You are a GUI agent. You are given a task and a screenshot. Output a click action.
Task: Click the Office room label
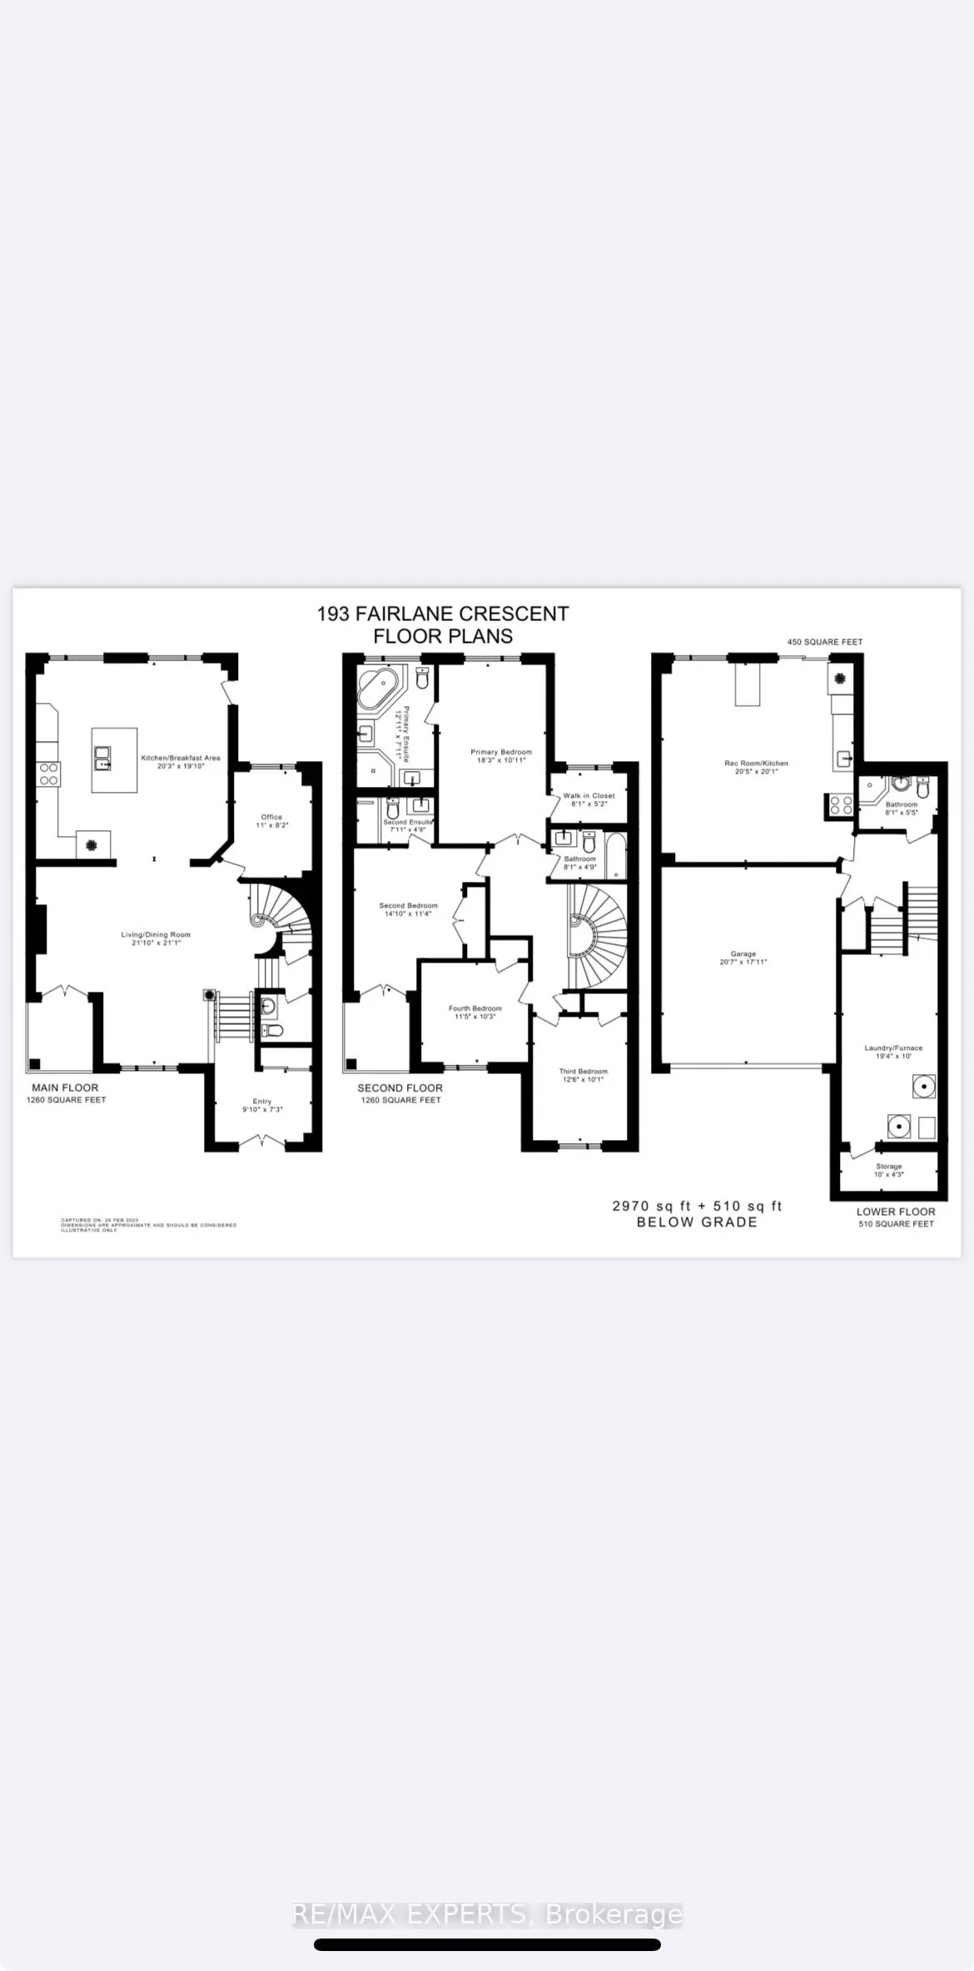[271, 817]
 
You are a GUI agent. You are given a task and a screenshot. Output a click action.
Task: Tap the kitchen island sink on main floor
[103, 757]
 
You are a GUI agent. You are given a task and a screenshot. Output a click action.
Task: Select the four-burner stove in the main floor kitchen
[48, 774]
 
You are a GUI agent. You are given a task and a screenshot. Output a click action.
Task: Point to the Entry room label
[262, 1101]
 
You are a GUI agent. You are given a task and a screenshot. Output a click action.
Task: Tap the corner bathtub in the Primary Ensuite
[378, 688]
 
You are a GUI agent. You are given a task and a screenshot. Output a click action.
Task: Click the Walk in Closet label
[589, 795]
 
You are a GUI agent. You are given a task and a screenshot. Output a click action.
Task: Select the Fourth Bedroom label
[475, 1008]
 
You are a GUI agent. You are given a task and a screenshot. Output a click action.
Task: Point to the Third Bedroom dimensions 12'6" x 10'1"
[583, 1079]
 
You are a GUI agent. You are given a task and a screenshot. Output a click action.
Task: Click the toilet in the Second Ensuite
[393, 808]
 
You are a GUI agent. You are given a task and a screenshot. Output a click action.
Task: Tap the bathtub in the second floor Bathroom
[614, 855]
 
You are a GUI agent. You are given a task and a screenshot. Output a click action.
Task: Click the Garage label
[743, 953]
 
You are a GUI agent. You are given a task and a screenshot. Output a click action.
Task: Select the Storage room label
[888, 1167]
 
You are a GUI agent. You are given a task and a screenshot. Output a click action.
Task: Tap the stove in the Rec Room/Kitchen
[839, 804]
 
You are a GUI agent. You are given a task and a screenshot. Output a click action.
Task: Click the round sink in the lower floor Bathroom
[900, 784]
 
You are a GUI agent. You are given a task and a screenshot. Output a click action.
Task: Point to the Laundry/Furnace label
[893, 1048]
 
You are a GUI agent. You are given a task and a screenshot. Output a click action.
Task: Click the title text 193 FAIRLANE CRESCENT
[443, 614]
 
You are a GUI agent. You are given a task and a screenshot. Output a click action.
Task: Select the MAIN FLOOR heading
[65, 1088]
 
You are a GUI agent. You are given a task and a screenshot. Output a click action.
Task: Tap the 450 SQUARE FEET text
[825, 642]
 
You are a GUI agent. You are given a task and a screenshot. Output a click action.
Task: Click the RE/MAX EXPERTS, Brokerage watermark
[487, 1914]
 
